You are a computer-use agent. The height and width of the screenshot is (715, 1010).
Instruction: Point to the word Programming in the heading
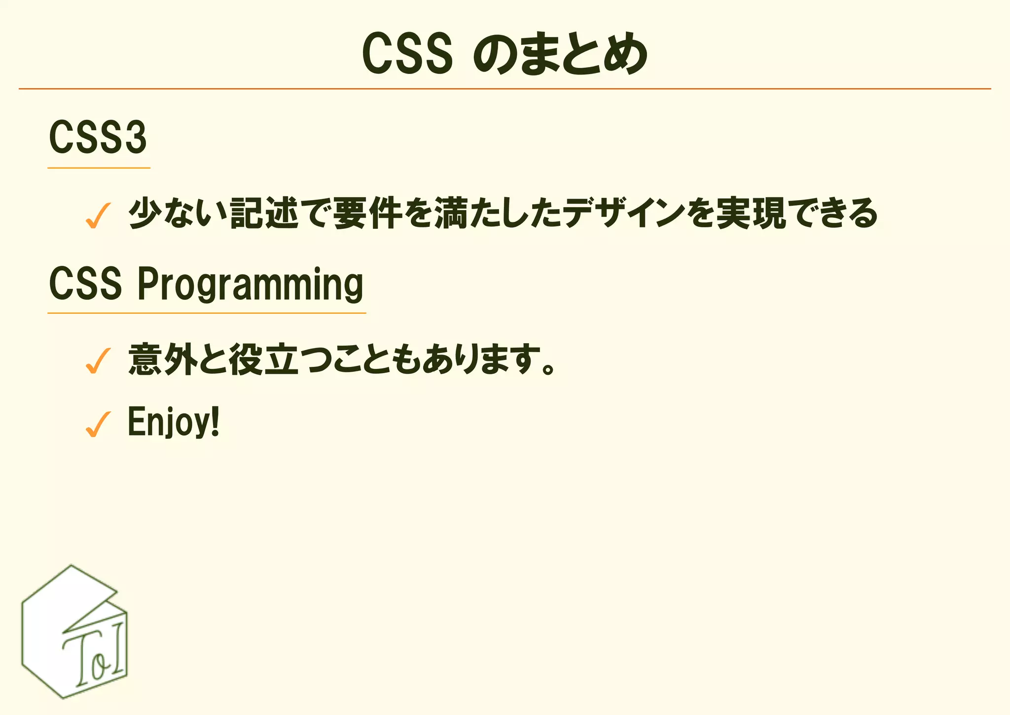pos(250,285)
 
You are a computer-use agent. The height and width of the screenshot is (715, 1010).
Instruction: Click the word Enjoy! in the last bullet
pos(173,422)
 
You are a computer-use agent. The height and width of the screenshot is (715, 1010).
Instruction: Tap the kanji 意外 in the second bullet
pos(163,359)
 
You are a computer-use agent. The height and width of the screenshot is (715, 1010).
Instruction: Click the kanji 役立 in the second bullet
pos(264,359)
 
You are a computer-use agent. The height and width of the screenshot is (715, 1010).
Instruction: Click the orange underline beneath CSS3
pos(99,168)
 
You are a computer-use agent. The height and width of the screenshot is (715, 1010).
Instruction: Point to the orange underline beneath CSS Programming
pos(207,313)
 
